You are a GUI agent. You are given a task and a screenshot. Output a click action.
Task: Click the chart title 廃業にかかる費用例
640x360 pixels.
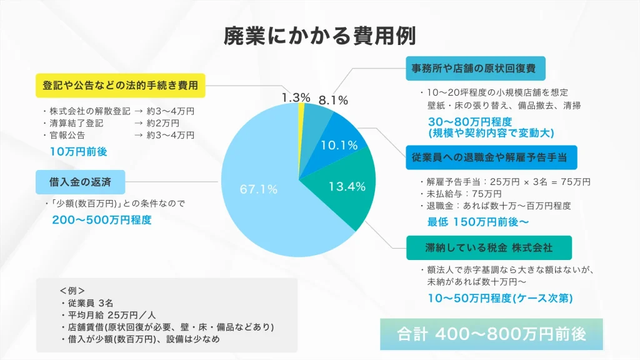[x=319, y=35]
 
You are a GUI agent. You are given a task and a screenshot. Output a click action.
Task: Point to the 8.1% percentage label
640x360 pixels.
[x=333, y=99]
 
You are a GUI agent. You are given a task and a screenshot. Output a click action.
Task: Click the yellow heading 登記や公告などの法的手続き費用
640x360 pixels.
[x=120, y=85]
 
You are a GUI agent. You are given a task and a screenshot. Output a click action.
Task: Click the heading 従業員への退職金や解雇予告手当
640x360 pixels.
[x=491, y=157]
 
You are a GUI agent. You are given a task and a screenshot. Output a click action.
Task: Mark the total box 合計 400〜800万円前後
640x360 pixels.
[x=491, y=334]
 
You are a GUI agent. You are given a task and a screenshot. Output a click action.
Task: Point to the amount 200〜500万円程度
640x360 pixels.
[x=102, y=220]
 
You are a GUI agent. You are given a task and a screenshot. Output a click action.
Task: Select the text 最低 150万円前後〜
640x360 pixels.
[x=478, y=221]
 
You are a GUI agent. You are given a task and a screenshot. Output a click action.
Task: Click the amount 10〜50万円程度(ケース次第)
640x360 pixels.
[x=500, y=299]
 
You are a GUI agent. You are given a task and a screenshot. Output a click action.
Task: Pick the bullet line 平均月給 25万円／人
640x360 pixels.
[x=107, y=315]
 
